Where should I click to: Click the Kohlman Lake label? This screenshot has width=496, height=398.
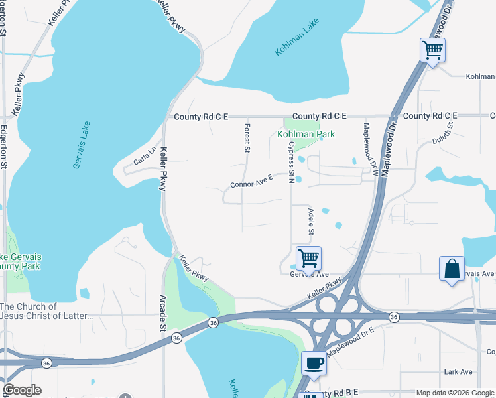tap(298, 38)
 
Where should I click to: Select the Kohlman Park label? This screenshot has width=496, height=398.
tap(306, 134)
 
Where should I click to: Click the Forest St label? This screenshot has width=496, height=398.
tap(247, 138)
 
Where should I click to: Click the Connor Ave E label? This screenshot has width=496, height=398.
tap(252, 180)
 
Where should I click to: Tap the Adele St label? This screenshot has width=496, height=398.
tap(310, 222)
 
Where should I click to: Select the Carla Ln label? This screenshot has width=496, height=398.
tap(145, 155)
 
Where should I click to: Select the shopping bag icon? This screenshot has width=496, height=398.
tap(452, 269)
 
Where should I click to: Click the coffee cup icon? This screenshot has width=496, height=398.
tap(314, 362)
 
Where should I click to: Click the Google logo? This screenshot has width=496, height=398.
tap(22, 390)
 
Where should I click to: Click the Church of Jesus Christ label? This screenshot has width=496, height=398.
tap(46, 311)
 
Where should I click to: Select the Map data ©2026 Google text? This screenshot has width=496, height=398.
tap(454, 393)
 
